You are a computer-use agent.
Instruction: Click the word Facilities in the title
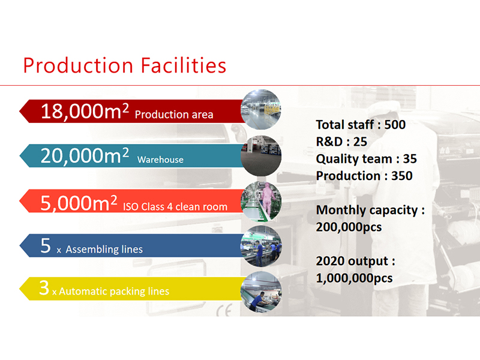click(184, 65)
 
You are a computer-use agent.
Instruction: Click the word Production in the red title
click(79, 66)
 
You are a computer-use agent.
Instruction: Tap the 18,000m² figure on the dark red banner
click(85, 111)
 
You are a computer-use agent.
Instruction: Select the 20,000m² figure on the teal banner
click(85, 155)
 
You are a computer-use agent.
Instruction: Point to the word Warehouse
click(160, 160)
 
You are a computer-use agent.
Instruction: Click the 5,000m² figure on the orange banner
click(79, 203)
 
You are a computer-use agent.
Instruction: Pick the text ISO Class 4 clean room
click(175, 207)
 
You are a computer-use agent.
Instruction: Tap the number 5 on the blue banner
click(46, 245)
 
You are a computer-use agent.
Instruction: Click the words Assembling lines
click(104, 249)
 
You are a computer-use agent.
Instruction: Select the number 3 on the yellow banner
click(44, 288)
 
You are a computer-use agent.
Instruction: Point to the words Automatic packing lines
click(114, 291)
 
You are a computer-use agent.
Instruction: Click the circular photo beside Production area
click(261, 110)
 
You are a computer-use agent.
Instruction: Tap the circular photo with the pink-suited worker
click(261, 202)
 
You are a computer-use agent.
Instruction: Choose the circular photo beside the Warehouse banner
click(261, 156)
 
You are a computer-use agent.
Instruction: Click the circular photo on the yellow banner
click(261, 292)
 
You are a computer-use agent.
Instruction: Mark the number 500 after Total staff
click(395, 125)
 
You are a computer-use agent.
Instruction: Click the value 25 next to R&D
click(360, 142)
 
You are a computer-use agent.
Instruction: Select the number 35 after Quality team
click(410, 159)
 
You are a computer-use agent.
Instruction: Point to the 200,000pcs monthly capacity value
click(349, 227)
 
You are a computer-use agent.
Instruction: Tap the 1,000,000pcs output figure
click(354, 278)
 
